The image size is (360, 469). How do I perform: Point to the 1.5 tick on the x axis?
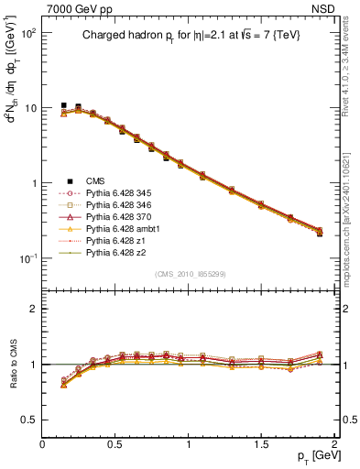pyautogui.click(x=262, y=444)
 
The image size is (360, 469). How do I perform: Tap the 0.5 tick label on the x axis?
pyautogui.click(x=115, y=444)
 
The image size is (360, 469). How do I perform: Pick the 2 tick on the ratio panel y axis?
pyautogui.click(x=33, y=309)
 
